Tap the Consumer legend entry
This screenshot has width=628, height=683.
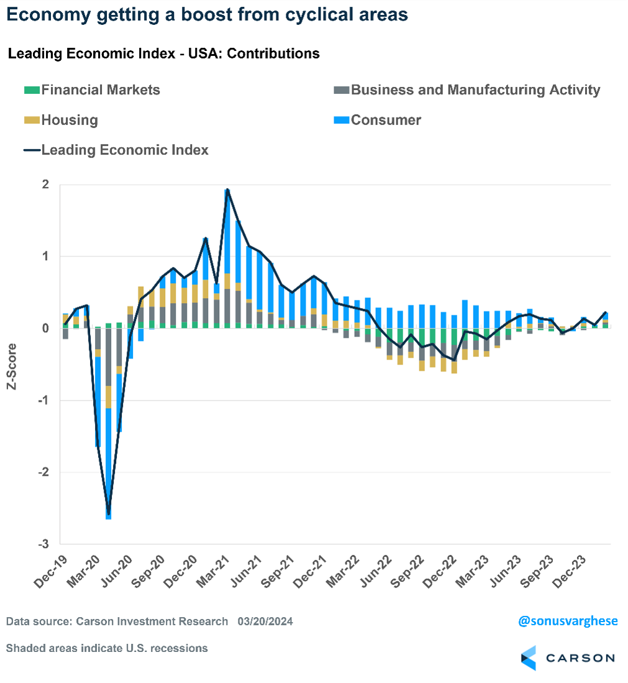(386, 120)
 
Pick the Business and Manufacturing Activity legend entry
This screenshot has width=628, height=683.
(475, 90)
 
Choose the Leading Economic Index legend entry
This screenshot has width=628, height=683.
(124, 150)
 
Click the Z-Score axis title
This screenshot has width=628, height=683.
(12, 364)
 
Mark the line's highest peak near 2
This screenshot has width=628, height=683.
(227, 189)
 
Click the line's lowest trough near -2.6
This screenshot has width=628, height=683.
(109, 514)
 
